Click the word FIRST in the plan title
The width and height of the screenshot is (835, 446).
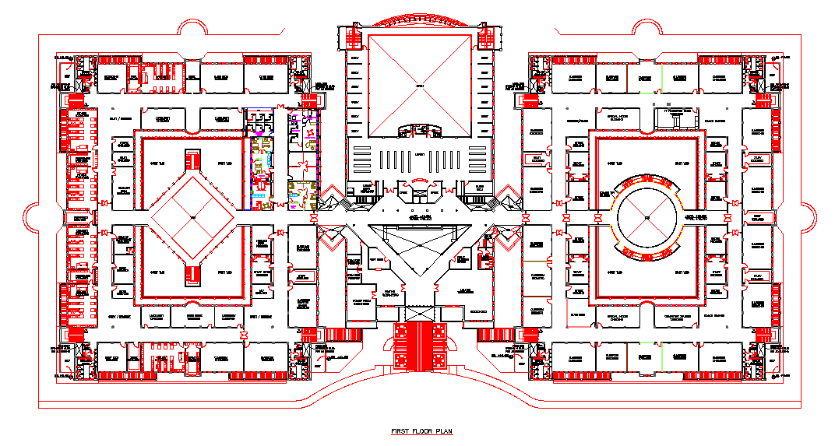pos(400,430)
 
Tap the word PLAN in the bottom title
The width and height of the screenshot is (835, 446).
pos(442,430)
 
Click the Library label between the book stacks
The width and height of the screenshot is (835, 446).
pos(421,154)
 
